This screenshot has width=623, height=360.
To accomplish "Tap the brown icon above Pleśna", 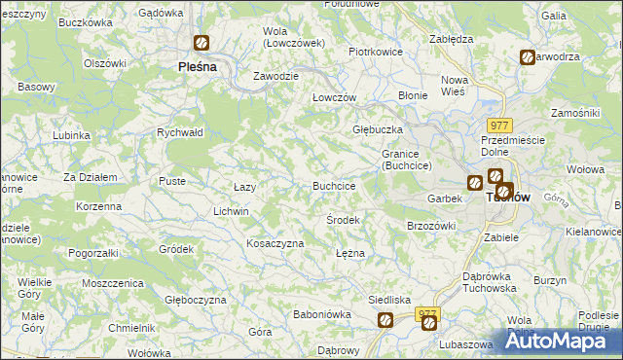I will point(202,43).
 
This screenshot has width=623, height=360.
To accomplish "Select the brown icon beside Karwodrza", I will point(527,57).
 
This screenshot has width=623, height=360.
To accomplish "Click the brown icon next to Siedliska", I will point(385,319).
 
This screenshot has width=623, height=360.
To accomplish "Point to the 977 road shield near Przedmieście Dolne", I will point(499,125).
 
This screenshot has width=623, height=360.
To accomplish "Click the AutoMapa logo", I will point(561,340).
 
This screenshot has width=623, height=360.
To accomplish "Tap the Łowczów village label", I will point(334,98).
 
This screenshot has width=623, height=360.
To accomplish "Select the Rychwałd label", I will point(179,133).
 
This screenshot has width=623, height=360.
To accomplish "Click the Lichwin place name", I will point(232,210).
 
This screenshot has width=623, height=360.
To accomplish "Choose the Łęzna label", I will point(349,253).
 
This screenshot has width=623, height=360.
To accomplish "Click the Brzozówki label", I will point(431,225).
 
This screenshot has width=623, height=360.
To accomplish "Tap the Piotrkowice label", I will point(376,52).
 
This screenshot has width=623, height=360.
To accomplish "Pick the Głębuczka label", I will point(376,128).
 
